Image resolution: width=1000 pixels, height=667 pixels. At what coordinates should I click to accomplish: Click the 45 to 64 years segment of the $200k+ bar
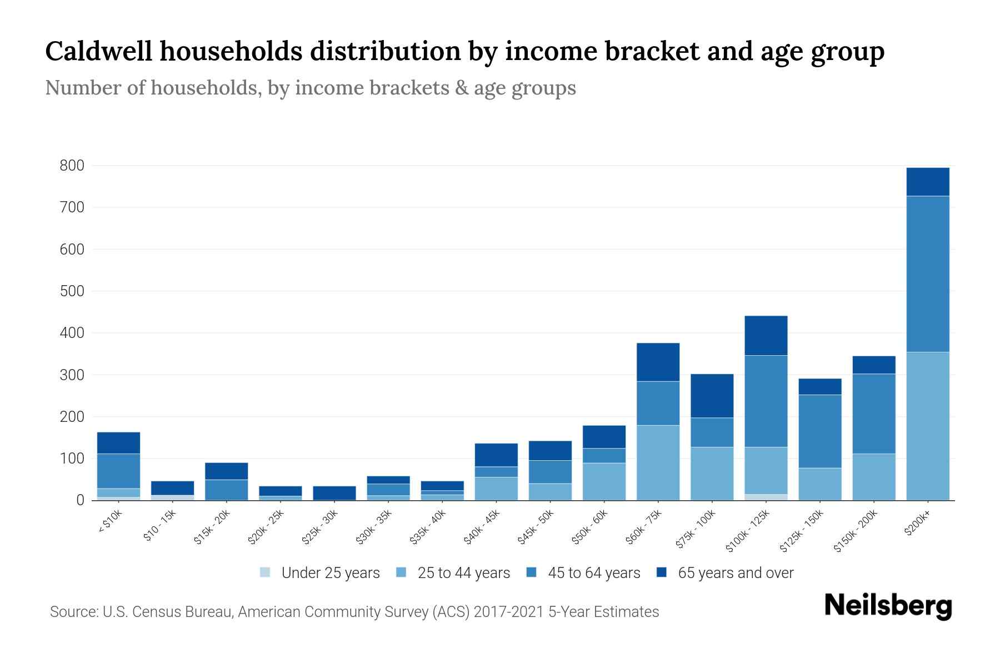pos(927,274)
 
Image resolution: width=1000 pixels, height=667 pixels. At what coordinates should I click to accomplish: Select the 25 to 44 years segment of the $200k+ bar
pos(927,426)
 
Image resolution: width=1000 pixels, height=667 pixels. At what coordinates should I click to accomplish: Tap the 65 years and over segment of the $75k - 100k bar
pos(712,396)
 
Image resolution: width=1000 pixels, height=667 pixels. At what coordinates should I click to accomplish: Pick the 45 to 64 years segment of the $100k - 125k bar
pos(766,401)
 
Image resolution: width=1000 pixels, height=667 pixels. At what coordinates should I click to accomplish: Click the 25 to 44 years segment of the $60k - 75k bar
pos(658,462)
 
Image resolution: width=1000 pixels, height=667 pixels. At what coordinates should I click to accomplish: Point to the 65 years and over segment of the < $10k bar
pos(118,442)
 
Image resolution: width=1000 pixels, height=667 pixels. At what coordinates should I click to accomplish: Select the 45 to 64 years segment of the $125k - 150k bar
pos(819,431)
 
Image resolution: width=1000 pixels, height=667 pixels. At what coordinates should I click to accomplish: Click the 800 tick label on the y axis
pos(72,166)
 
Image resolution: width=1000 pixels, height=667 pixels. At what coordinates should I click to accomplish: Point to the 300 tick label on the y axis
pos(72,375)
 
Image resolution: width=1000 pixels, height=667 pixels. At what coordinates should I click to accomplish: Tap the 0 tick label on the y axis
pos(80,500)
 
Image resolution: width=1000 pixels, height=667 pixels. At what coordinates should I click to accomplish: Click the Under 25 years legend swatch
pos(266,573)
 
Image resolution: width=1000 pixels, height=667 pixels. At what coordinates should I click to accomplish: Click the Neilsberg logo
pos(888,606)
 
